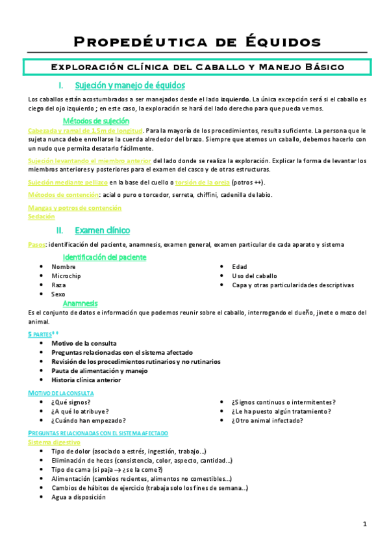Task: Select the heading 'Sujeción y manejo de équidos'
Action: coord(130,85)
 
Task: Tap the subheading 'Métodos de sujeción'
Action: coord(95,121)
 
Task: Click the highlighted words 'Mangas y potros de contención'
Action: coord(75,208)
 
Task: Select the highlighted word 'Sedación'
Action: coord(42,217)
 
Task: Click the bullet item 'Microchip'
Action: coord(66,275)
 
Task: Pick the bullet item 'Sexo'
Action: coord(59,294)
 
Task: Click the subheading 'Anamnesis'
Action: coord(81,303)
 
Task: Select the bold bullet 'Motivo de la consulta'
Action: coord(84,342)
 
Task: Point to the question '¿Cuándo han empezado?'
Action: coord(88,420)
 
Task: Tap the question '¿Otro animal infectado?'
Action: coord(267,420)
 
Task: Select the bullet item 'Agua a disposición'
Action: coord(79,497)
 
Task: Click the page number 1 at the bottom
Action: coord(365,524)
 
